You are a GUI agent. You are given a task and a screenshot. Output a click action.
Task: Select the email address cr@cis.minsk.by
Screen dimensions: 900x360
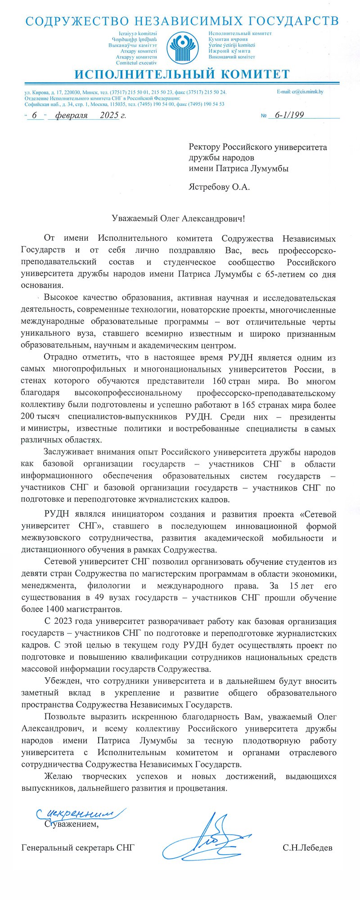point(300,92)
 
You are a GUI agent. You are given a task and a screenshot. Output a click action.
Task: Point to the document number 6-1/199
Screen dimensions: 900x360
point(289,115)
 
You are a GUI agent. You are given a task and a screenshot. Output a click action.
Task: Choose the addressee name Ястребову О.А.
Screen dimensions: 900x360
point(219,187)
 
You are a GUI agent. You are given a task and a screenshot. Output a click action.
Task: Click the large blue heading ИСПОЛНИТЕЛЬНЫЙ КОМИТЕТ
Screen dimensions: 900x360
point(182,74)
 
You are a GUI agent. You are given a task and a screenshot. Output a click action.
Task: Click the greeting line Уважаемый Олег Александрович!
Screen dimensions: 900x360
point(179,218)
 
